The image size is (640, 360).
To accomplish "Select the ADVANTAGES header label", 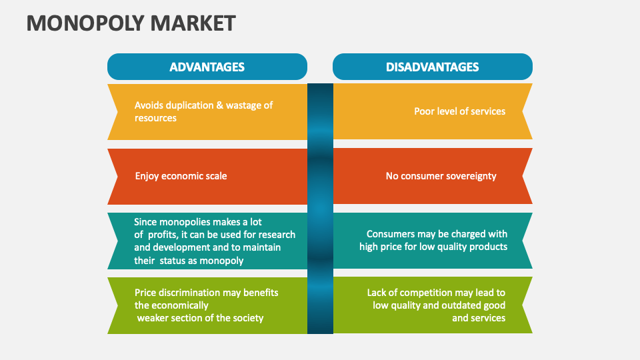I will pos(207,67).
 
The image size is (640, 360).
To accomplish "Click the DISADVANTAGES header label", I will pos(432,67).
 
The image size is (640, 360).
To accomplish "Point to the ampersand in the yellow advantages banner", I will pos(219,105).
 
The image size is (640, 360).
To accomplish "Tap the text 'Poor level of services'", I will pos(459,111).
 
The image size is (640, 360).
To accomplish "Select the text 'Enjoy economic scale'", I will pos(181,176).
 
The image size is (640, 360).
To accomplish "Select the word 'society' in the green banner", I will pos(248,318).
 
